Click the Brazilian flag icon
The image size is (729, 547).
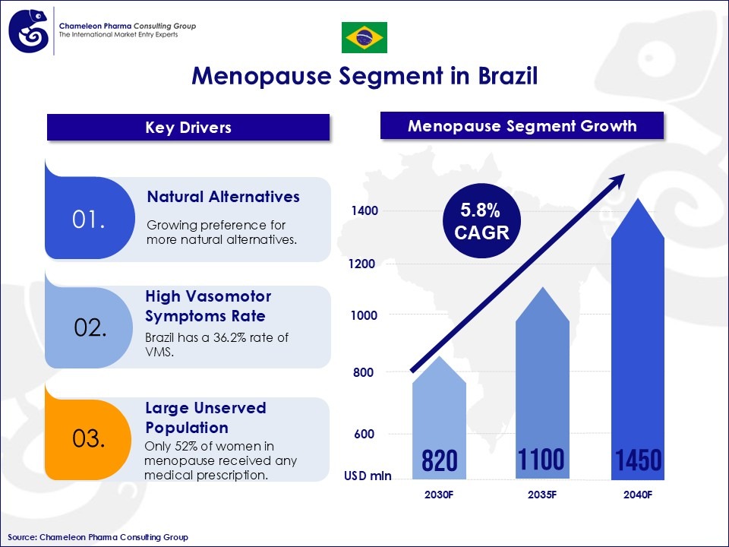pos(364,37)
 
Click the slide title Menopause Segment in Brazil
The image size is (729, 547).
pos(364,77)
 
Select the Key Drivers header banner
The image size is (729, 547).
pos(188,128)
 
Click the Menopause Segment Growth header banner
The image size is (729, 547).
pos(522,126)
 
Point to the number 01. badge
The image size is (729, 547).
pos(88,220)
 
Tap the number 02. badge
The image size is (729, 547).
pos(90,328)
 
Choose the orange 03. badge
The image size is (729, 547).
pos(89,439)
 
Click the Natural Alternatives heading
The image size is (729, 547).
pos(223,197)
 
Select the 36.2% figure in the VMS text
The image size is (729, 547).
pos(228,338)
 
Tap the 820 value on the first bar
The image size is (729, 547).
pos(439,460)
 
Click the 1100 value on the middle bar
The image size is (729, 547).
pos(541,460)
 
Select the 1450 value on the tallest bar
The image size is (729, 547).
pos(638,460)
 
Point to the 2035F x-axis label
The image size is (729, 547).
pos(542,495)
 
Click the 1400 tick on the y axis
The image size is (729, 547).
pos(363,210)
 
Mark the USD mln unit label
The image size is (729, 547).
pos(368,476)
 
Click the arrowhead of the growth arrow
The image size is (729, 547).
pos(618,179)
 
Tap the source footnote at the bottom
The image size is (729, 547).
pos(98,537)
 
